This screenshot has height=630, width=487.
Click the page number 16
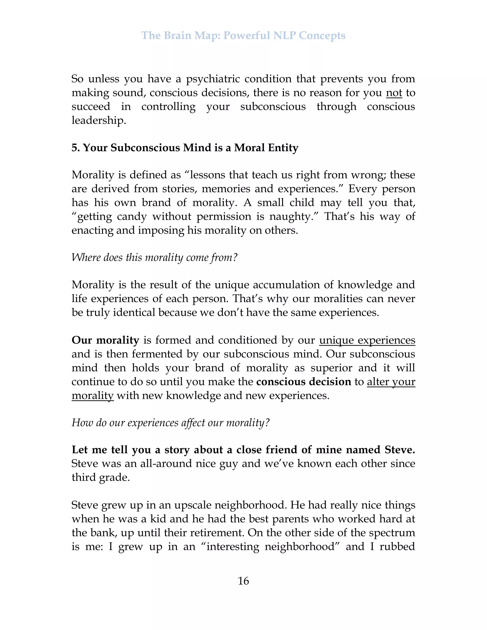tap(243, 581)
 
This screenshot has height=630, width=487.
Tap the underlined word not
tap(394, 93)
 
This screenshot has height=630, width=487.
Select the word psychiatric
tap(213, 79)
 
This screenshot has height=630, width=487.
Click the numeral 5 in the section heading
tap(74, 148)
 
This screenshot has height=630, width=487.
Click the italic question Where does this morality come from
tap(154, 257)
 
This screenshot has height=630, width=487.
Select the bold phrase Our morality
tap(105, 340)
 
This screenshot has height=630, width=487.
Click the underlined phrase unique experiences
tap(367, 340)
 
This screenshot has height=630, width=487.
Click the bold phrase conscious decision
tap(303, 382)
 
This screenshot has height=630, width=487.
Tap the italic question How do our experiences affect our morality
tap(170, 423)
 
